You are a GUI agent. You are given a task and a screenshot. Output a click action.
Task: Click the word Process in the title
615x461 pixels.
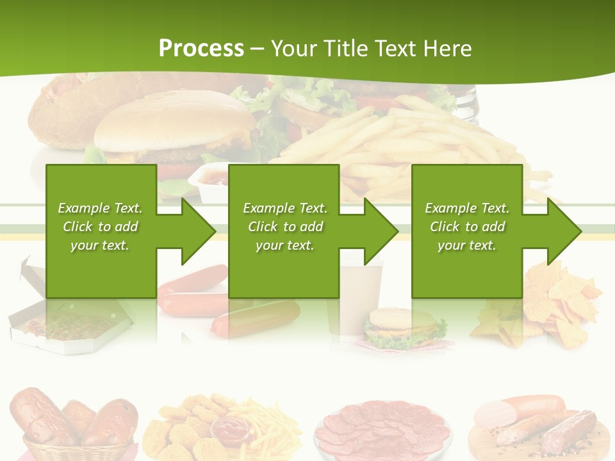(201, 49)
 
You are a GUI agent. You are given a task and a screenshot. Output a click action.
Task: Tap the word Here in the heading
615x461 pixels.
(447, 49)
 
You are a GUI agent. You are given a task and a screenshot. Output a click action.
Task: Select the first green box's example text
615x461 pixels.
(101, 227)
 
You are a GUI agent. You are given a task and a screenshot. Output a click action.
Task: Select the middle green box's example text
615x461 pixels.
(285, 227)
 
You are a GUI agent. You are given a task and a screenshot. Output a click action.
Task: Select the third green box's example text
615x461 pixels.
(467, 227)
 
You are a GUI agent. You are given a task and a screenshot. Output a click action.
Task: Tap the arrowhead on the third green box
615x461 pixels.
(564, 231)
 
